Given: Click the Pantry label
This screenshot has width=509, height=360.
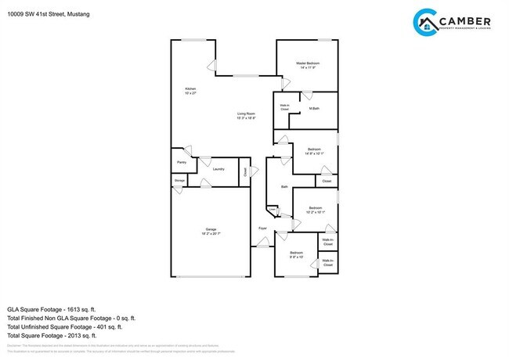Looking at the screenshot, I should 182,162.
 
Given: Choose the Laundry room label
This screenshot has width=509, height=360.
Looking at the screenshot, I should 219,169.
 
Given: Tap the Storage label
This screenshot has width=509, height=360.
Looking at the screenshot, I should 180,181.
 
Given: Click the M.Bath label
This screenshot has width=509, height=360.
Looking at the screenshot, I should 313,108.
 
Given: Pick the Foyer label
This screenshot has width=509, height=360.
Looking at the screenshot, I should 264,228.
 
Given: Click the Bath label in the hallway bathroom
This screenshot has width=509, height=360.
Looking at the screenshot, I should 285,187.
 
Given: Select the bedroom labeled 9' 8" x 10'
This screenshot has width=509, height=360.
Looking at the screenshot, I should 297,255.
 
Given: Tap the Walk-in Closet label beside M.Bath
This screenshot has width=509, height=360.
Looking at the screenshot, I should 285,107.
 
